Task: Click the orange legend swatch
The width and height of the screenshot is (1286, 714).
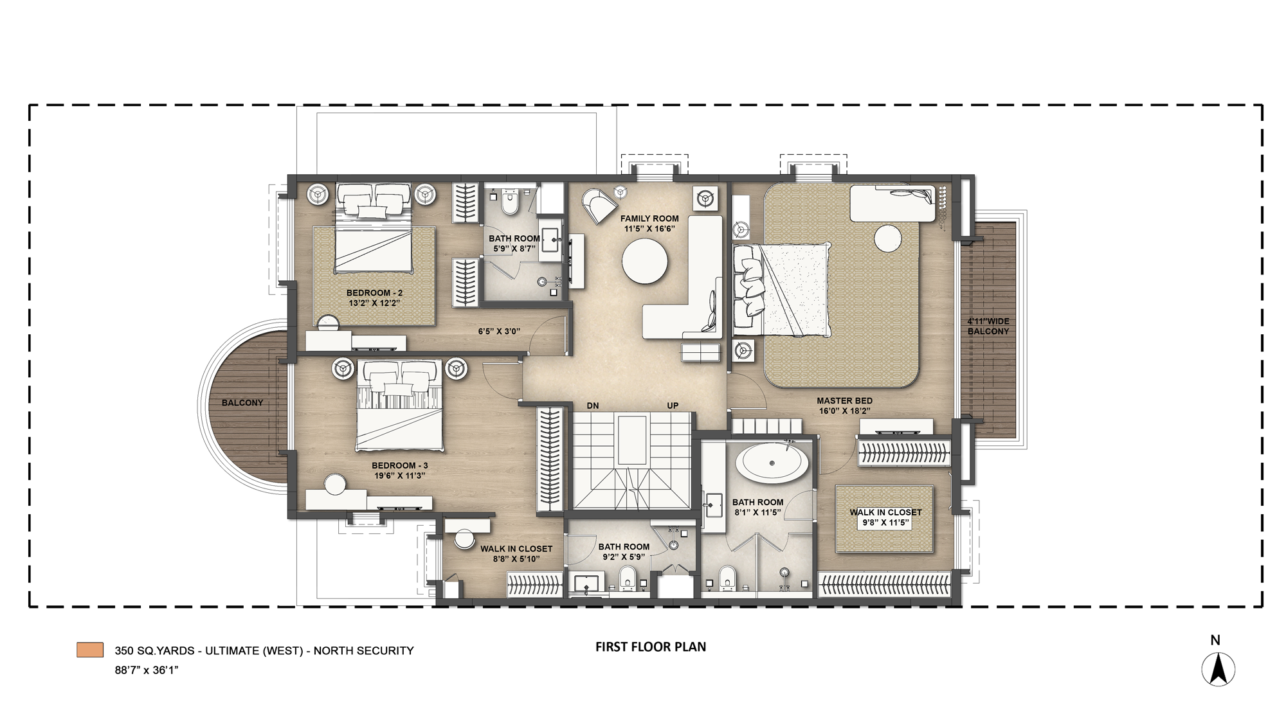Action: coord(89,650)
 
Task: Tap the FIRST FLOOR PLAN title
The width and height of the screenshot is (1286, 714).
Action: coord(650,647)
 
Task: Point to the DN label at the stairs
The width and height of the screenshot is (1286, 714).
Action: coord(593,406)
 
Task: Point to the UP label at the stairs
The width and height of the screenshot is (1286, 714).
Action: coord(673,406)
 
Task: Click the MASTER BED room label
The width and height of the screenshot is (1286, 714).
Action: coord(844,400)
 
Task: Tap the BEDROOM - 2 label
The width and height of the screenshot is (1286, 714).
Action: coord(374,293)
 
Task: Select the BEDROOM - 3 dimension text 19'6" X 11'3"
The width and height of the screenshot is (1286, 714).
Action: coord(399,476)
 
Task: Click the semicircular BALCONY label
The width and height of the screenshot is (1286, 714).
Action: coord(242,403)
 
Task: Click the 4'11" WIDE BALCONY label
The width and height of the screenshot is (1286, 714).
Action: coord(988,326)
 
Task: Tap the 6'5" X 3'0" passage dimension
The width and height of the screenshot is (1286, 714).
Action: coord(499,332)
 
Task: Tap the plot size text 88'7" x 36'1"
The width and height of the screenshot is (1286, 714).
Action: coord(146,670)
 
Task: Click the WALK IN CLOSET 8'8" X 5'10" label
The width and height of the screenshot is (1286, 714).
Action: coord(516,554)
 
